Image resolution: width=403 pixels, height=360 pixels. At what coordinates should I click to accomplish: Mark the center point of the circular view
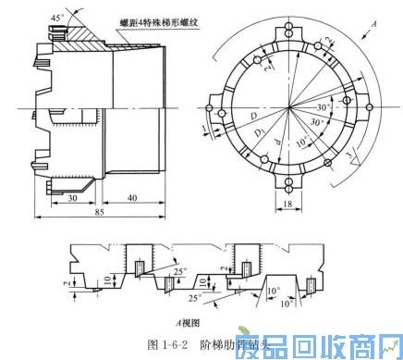[289, 111]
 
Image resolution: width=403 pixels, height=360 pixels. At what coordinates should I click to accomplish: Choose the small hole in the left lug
[209, 109]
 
